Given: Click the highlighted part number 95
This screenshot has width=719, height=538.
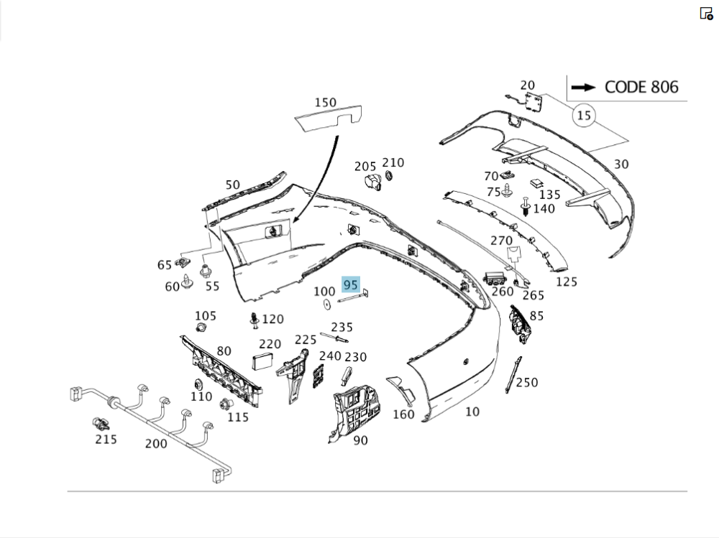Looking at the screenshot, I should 351,284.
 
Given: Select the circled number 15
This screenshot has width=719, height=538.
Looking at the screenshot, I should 584,115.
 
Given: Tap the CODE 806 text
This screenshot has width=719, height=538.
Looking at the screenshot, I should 641,87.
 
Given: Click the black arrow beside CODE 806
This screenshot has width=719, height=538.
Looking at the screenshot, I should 585,87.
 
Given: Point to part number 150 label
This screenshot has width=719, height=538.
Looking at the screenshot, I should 325,103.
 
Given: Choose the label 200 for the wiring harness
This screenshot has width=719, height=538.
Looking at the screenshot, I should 156,443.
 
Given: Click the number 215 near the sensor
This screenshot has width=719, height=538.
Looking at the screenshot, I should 106,439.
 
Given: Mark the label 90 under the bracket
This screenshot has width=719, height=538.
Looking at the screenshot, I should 360,440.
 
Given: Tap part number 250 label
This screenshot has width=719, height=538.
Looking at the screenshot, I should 526,383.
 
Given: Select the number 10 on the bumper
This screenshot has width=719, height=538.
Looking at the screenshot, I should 472,412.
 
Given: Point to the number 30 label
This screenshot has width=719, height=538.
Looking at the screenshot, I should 621,164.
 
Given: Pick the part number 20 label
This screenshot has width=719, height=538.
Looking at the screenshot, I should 527,85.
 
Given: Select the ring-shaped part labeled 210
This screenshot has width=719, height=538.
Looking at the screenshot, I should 389,176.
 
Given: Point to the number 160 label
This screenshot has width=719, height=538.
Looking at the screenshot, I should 403,414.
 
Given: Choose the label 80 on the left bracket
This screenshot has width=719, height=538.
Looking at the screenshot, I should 224,351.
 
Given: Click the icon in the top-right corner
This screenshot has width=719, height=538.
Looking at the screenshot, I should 706,13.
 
